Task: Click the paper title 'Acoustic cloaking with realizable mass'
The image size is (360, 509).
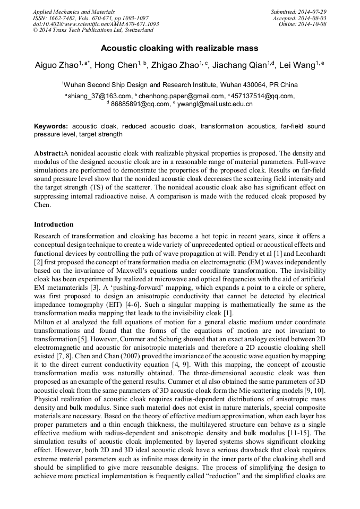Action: pos(179,48)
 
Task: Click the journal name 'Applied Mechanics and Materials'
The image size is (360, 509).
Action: pos(74,12)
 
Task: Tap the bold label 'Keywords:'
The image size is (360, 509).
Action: pos(51,127)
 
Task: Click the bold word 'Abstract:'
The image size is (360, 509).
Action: pos(48,153)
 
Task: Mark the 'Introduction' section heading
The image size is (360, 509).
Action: pos(54,225)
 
